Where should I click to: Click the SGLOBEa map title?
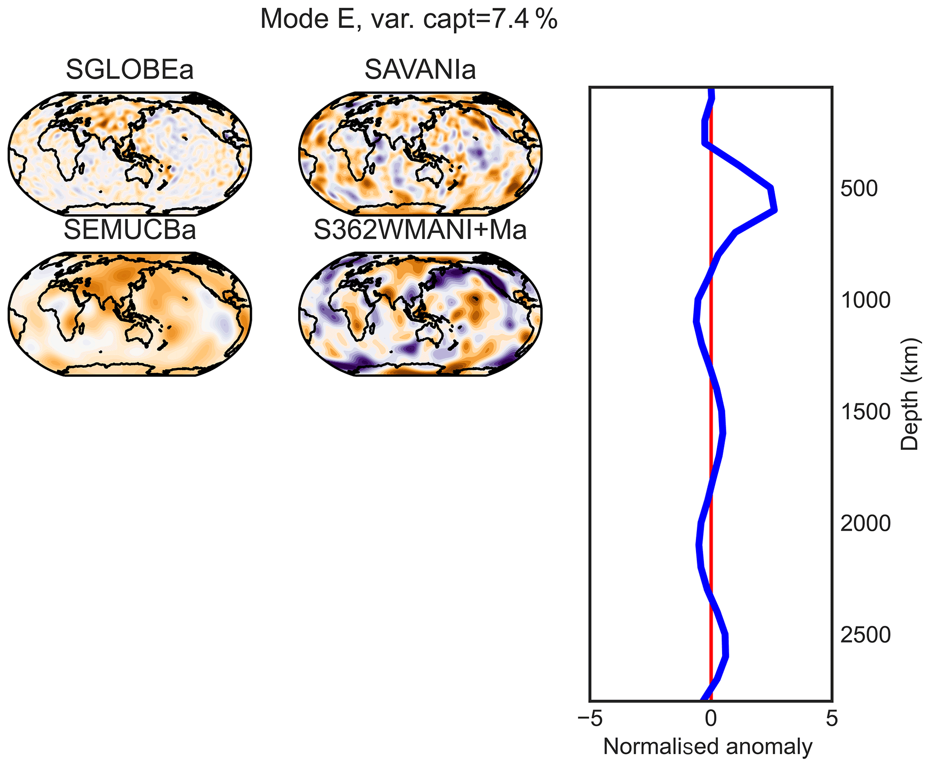(130, 70)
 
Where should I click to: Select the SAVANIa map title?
(420, 70)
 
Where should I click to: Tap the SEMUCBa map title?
(130, 230)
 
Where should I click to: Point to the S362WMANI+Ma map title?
(420, 230)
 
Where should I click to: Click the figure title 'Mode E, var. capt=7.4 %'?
(409, 19)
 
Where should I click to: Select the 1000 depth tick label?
(865, 301)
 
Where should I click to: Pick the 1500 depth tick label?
(865, 412)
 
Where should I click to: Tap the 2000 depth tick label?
(865, 524)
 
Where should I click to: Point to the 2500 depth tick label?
(865, 635)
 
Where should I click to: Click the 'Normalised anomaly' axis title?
(708, 746)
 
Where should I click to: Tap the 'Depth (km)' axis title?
(909, 394)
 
